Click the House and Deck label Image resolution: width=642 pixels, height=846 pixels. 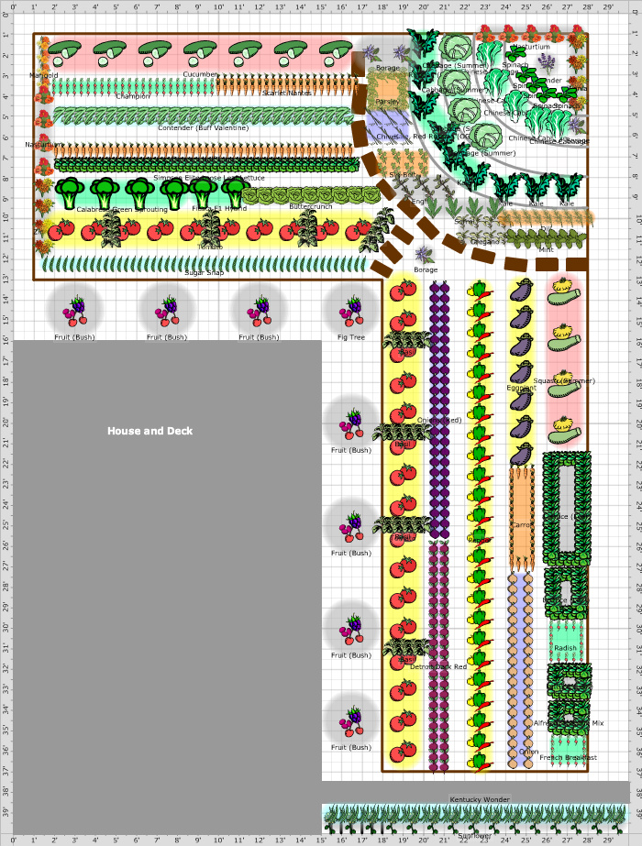click(149, 431)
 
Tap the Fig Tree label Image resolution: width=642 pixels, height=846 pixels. click(351, 337)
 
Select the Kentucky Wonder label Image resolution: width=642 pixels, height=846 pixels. click(479, 800)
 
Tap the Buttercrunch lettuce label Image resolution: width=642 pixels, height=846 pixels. click(310, 207)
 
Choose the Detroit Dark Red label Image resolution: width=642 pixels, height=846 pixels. click(438, 666)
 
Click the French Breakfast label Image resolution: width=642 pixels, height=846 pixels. click(568, 757)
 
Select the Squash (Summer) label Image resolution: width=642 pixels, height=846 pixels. click(565, 380)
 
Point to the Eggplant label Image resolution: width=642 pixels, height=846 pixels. click(521, 388)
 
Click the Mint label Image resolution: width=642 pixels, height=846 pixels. click(547, 249)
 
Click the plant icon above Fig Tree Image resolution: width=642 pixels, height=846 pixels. click(351, 310)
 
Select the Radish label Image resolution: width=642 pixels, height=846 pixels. click(566, 648)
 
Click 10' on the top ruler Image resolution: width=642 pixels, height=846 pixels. click(219, 7)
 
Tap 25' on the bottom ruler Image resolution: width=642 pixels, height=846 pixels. click(526, 840)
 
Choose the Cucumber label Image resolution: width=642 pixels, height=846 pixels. click(200, 74)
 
